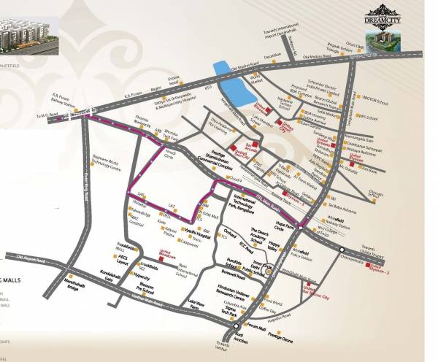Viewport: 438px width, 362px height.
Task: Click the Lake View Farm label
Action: click(x=196, y=305)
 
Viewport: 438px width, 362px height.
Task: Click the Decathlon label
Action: click(x=272, y=55)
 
